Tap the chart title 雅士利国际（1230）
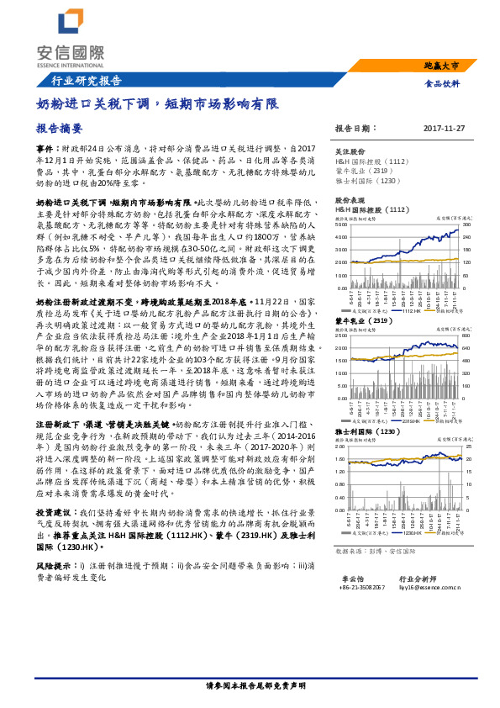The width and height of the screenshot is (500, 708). [x=368, y=431]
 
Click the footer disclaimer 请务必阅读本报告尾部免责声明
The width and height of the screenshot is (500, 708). [x=250, y=687]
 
